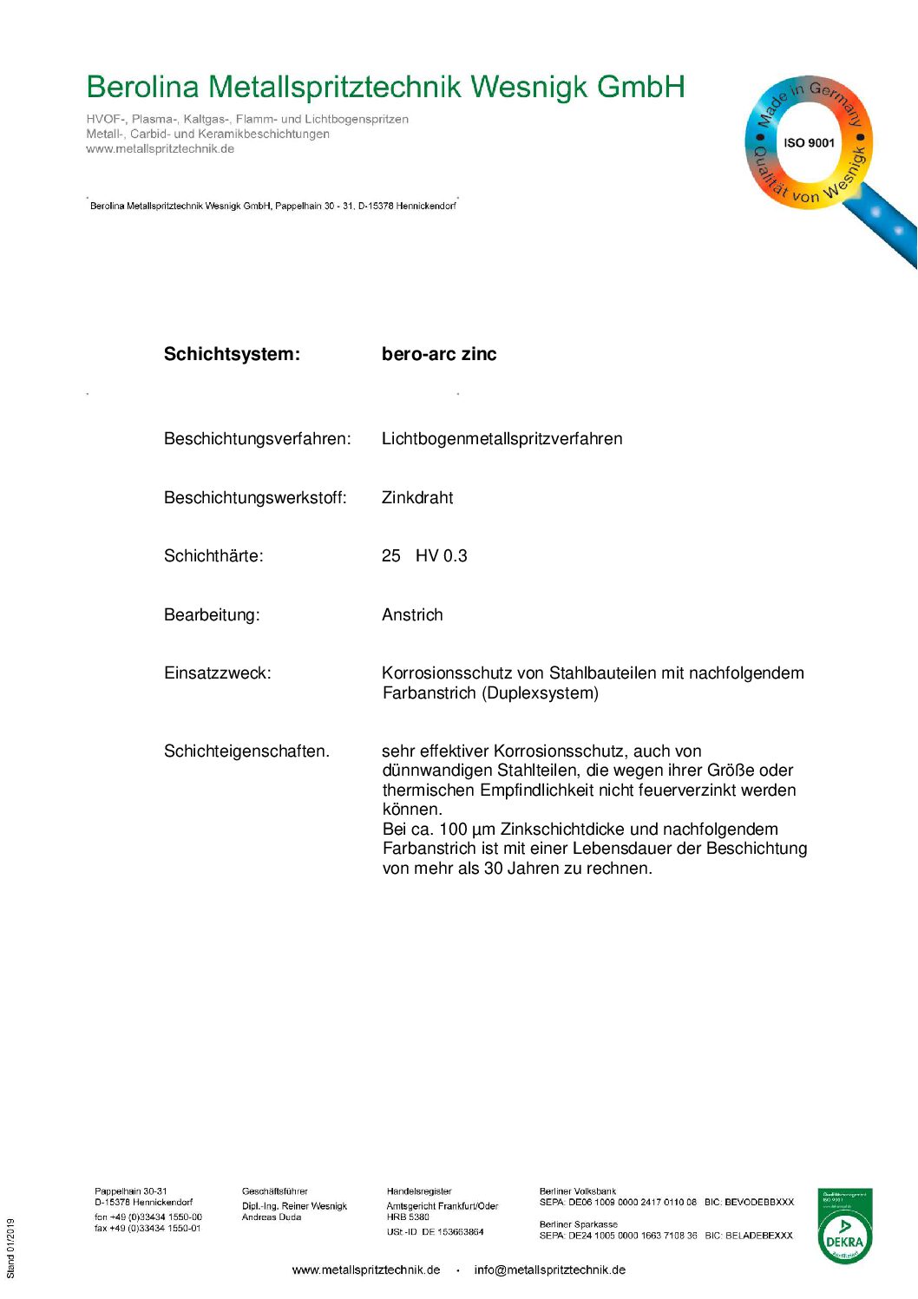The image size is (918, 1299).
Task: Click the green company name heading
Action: coord(385,87)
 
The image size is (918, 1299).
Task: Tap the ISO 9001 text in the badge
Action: coord(809,143)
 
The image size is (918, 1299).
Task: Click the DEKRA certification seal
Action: coord(844,1226)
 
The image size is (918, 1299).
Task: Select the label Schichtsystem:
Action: coord(232,354)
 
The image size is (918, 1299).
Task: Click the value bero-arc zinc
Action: coord(439,354)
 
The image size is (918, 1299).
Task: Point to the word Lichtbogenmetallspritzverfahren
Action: coord(502,439)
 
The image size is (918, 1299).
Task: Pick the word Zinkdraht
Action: coord(417,498)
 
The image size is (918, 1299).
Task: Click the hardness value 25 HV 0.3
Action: coord(424,556)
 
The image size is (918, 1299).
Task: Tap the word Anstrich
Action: coord(412,615)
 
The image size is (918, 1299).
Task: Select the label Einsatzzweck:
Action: coord(217,673)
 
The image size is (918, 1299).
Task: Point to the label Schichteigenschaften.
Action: coord(246,751)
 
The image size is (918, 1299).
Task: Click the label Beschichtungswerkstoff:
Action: coord(255,498)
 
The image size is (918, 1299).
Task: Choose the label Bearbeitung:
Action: coord(212,615)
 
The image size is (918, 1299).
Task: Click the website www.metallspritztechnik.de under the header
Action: coord(160,149)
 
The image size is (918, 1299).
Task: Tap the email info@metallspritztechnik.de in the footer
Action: coord(549,1270)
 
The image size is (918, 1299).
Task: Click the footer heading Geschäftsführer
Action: coord(274,1191)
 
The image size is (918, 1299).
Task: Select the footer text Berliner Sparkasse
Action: coord(578,1224)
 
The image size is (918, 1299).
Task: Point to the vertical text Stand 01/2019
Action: coord(11,1248)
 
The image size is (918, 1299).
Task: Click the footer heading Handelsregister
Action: coord(419,1191)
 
